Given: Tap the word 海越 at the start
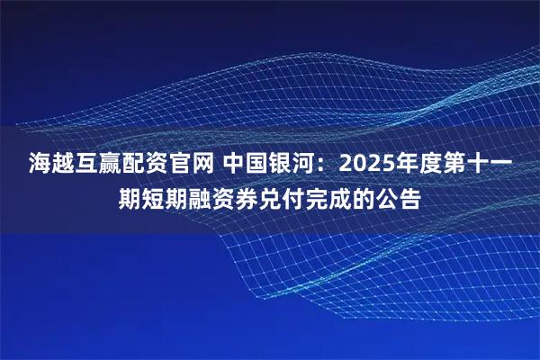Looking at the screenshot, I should pos(54,165).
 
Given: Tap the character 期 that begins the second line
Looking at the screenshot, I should pos(131,197).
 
